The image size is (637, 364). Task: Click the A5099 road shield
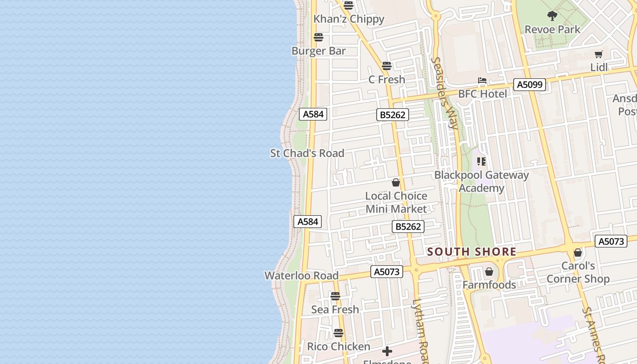[x=530, y=84]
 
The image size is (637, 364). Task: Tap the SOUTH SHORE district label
[x=471, y=252]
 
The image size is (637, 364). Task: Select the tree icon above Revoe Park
[x=552, y=16]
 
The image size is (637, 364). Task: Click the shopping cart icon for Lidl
[x=599, y=55]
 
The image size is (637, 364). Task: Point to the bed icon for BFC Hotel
[x=482, y=81]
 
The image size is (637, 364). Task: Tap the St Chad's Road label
[x=307, y=153]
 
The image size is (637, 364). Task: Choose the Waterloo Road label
[x=301, y=275]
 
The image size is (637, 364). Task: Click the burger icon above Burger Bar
[x=318, y=37]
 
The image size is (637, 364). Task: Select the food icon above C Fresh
[x=387, y=66]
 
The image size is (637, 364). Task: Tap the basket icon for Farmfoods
[x=489, y=272]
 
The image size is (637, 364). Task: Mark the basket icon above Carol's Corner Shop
[x=578, y=253]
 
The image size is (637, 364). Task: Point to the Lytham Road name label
[x=421, y=330]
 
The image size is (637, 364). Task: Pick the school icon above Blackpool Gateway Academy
[x=481, y=162]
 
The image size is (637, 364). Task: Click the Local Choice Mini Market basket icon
[x=396, y=182]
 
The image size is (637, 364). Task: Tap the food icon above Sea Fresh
[x=335, y=296]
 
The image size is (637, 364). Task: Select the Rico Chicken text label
[x=339, y=346]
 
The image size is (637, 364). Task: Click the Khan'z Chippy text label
[x=349, y=19]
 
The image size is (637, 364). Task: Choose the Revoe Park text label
[x=552, y=30]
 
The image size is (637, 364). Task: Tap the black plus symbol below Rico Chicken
[x=387, y=351]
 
